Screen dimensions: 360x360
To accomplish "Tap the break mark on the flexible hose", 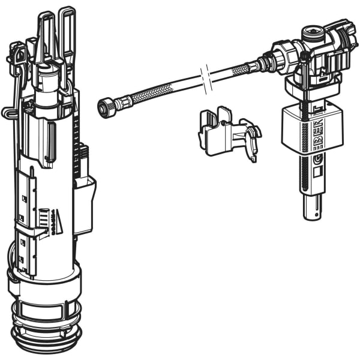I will (205, 80).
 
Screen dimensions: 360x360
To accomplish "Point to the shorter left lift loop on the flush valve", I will (46, 33).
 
